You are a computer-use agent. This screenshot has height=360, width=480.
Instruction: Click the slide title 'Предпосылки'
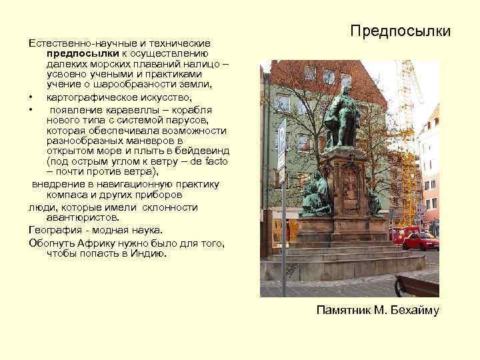(x=401, y=31)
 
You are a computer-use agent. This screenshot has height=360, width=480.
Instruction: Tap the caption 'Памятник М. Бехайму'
(x=377, y=310)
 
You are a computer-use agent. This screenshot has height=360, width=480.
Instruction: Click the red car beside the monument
(x=421, y=240)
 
